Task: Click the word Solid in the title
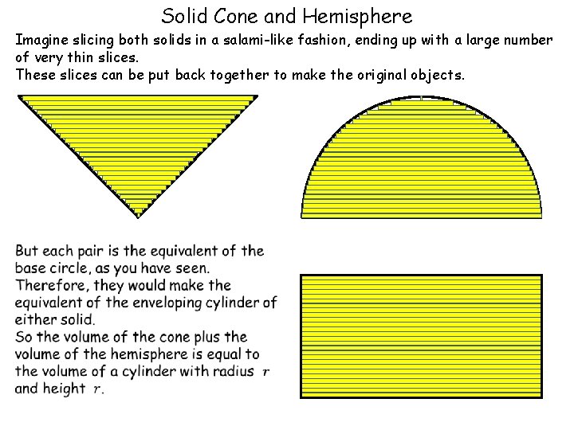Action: (181, 15)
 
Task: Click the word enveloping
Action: (174, 303)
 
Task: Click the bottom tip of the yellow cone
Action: (139, 216)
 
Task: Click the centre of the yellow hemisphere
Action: (421, 167)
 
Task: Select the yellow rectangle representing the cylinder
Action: (421, 335)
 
